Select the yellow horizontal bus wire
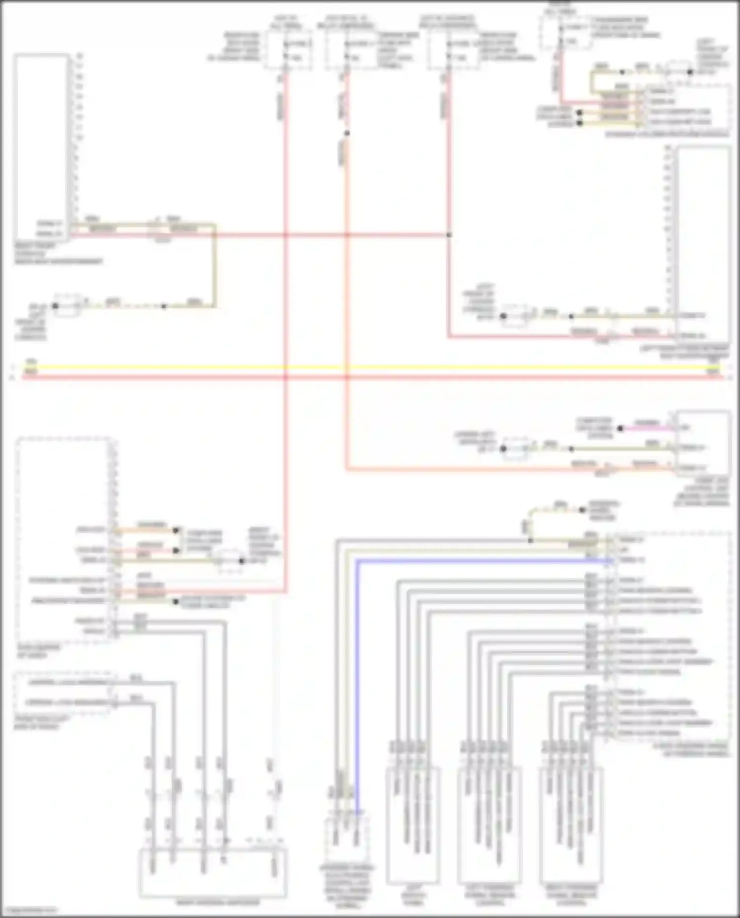370,367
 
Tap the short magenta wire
646,428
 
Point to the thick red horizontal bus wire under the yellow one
370,377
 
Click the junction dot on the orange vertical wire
347,133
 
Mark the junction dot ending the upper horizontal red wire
448,235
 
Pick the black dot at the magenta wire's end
621,428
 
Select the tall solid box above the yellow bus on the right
703,242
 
